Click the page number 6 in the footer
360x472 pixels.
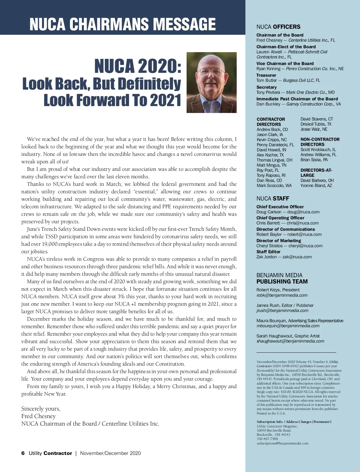click(x=23, y=453)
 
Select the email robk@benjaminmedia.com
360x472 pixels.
click(x=282, y=295)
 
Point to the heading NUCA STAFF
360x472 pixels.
click(x=273, y=198)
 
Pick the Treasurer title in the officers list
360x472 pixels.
click(x=266, y=75)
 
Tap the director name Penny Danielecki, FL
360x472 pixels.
click(x=275, y=145)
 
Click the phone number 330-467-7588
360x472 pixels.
click(x=267, y=439)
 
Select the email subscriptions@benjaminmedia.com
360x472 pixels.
click(x=282, y=443)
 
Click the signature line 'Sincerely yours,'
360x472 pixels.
click(x=41, y=409)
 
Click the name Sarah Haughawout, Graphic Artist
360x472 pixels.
click(x=288, y=336)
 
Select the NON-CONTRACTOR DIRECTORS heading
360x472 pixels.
click(x=320, y=142)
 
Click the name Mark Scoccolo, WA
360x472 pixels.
click(x=274, y=186)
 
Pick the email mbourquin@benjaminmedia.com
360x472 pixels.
click(x=288, y=326)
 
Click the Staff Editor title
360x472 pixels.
click(x=268, y=252)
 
